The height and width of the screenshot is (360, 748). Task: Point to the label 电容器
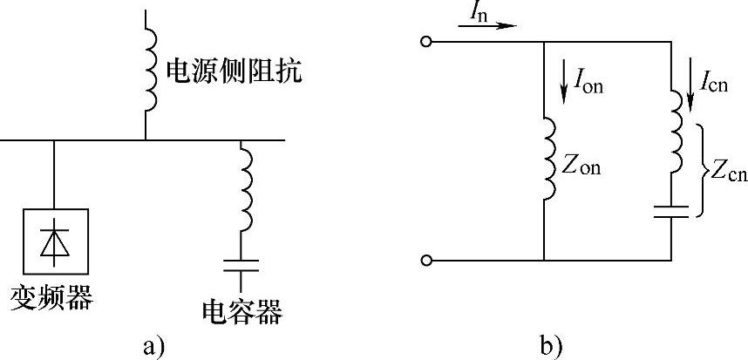pyautogui.click(x=242, y=309)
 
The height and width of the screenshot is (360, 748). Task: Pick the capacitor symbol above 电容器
pyautogui.click(x=242, y=266)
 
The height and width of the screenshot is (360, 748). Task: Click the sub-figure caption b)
pyautogui.click(x=551, y=345)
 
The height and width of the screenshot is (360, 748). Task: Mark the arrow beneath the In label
pyautogui.click(x=487, y=26)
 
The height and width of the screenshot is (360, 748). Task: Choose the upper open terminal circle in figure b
pyautogui.click(x=426, y=41)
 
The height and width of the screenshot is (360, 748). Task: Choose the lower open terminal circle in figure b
pyautogui.click(x=426, y=260)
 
